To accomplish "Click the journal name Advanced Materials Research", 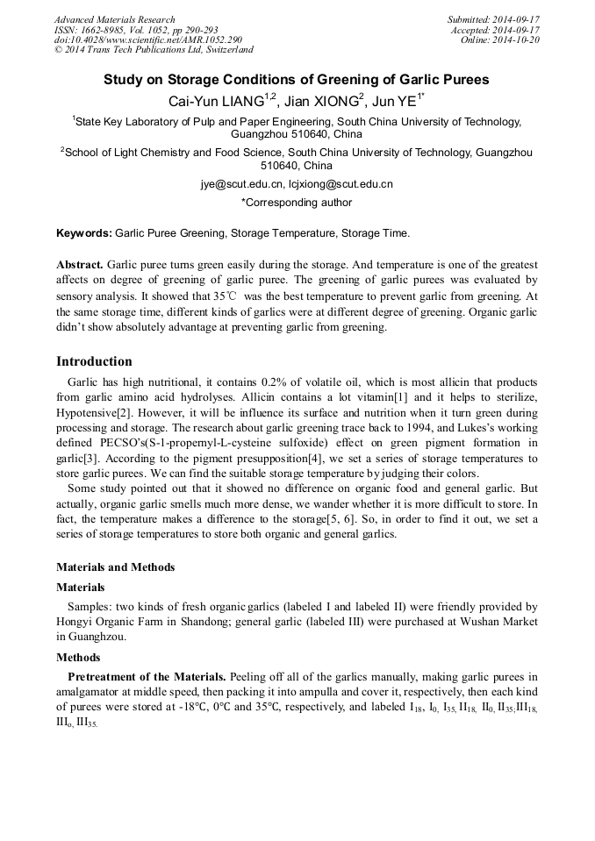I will point(115,19).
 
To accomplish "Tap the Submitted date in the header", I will point(493,19).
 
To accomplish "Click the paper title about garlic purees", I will point(297,79).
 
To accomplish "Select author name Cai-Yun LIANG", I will point(217,101).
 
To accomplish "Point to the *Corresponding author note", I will point(297,203).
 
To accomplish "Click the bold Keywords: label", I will point(83,234).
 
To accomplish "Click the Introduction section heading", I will point(94,361).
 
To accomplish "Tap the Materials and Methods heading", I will point(115,567).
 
